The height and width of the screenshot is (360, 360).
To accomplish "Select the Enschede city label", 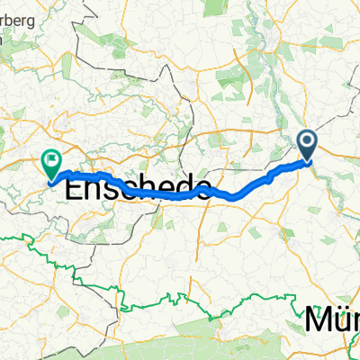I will (x=139, y=189).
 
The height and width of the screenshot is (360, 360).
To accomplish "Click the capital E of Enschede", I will (x=78, y=189).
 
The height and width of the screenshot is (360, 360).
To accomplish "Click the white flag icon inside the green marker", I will (x=51, y=161).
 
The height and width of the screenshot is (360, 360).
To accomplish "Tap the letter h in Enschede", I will (x=153, y=189).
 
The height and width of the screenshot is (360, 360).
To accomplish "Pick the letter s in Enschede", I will (x=117, y=190).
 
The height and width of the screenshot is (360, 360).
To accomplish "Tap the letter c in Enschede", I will (x=135, y=190).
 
